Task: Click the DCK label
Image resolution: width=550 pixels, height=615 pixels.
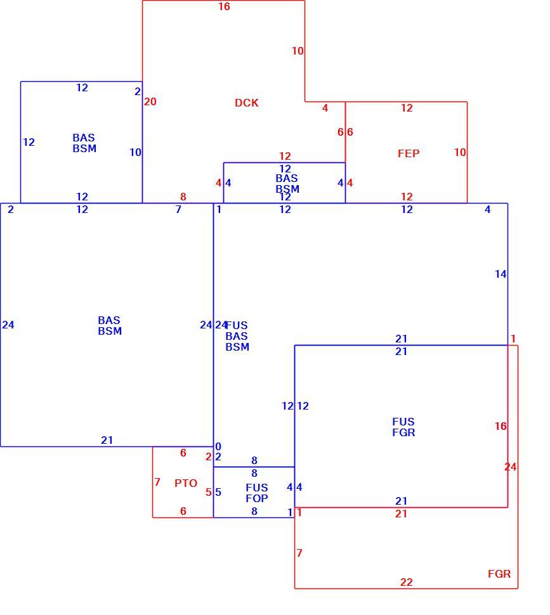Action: (x=246, y=103)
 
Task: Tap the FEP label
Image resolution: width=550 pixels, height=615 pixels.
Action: (x=409, y=153)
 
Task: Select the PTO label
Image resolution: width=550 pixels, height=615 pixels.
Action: (x=186, y=483)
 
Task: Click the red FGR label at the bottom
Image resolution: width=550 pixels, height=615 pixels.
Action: (x=499, y=574)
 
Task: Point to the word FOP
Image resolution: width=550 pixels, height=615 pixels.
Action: (x=256, y=498)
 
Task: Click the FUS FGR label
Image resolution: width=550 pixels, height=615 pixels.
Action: (x=403, y=427)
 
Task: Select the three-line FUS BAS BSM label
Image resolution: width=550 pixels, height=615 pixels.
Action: (x=237, y=336)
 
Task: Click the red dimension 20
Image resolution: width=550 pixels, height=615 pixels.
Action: (x=150, y=101)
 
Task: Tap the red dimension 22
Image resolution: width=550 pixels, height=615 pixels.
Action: (x=407, y=582)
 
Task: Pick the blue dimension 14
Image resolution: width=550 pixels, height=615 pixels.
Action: (x=501, y=274)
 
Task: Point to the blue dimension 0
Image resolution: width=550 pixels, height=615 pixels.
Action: (x=218, y=446)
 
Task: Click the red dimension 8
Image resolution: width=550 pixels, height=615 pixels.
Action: (x=183, y=197)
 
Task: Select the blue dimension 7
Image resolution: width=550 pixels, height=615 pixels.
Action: (x=178, y=209)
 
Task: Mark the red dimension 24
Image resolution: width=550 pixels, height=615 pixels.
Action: (x=511, y=467)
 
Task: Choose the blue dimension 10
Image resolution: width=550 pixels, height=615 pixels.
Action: (x=135, y=152)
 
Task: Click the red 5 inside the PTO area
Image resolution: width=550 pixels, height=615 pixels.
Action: (x=208, y=492)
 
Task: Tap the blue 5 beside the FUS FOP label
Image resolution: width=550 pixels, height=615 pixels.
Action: (x=218, y=492)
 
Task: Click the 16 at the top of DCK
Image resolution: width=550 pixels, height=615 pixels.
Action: (x=224, y=7)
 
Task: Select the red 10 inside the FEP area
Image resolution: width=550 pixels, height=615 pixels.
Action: (x=460, y=152)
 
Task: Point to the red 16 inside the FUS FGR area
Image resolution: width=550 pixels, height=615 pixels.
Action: (x=501, y=426)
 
